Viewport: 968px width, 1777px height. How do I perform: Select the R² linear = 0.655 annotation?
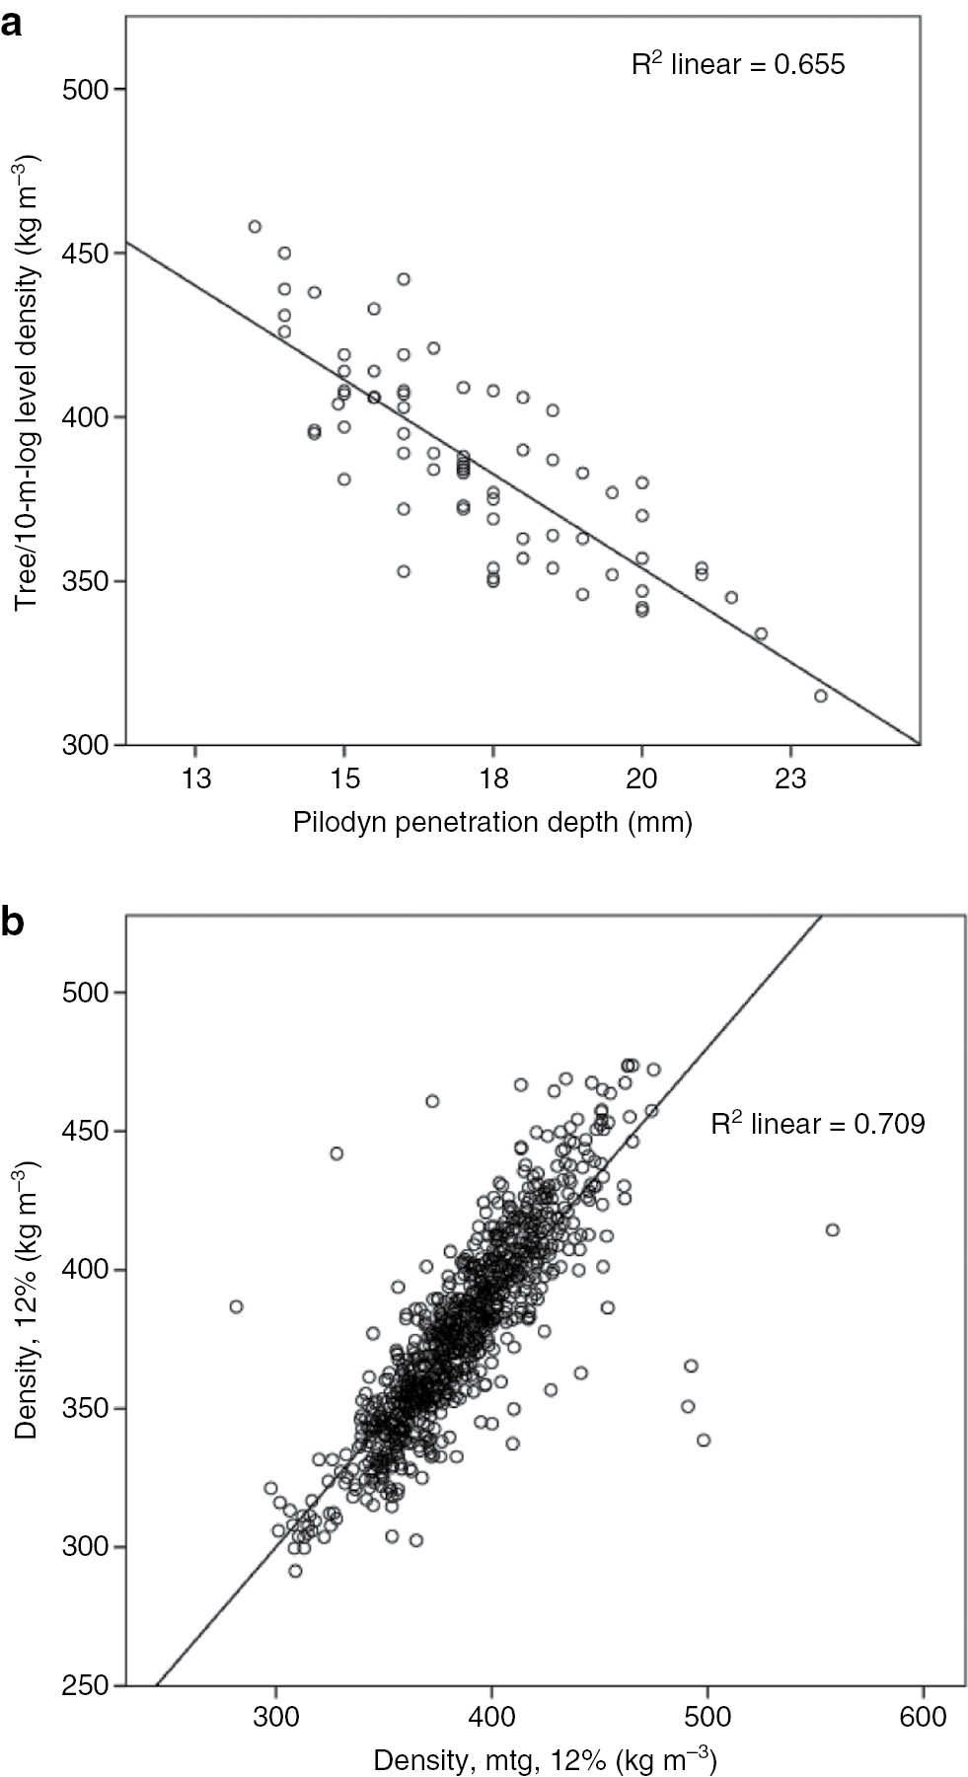738,65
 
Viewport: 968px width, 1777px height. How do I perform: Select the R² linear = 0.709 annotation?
818,1124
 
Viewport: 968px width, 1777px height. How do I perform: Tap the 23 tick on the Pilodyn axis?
790,778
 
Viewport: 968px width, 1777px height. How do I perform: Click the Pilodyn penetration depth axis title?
492,822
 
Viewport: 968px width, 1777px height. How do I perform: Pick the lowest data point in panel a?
820,697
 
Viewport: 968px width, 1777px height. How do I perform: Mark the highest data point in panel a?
255,227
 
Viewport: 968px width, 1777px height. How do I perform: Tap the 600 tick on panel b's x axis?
925,1716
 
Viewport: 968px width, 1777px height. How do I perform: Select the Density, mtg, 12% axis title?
545,1759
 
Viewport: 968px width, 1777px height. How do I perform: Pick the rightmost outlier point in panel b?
832,1229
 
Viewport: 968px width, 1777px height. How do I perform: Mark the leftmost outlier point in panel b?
237,1306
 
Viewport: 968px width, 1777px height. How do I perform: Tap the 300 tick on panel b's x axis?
276,1716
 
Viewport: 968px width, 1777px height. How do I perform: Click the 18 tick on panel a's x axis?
492,778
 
